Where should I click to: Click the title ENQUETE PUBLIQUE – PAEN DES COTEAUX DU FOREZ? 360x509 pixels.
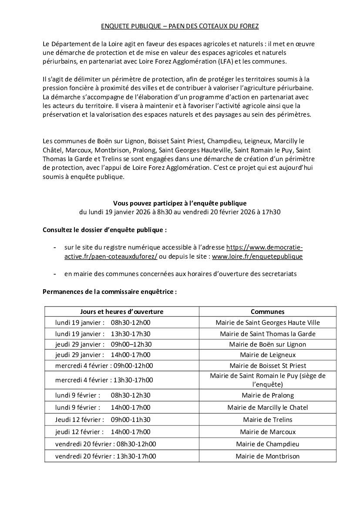[180, 27]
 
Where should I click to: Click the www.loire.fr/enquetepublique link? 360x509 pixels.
[257, 256]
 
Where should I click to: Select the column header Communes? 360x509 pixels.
[267, 312]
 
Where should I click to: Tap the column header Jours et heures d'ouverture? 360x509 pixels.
[122, 312]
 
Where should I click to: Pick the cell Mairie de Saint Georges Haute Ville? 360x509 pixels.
[267, 323]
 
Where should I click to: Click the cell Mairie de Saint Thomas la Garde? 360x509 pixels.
[267, 334]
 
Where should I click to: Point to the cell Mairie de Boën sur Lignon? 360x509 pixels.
[267, 344]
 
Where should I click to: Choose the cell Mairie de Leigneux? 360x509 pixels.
[267, 355]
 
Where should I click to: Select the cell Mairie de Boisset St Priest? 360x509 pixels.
[267, 366]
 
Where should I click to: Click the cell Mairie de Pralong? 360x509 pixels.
[267, 395]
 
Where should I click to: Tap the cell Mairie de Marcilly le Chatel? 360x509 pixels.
[267, 408]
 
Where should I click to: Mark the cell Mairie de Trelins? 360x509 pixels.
[267, 420]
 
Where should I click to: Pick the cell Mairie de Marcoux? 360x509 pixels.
[267, 432]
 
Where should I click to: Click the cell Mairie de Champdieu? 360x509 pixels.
[267, 444]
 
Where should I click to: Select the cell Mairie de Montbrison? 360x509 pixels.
[267, 456]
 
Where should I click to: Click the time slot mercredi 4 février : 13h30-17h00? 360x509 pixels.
[104, 380]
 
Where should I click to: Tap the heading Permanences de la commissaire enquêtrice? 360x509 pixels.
[110, 292]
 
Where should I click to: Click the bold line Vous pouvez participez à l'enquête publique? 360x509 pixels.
[180, 203]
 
